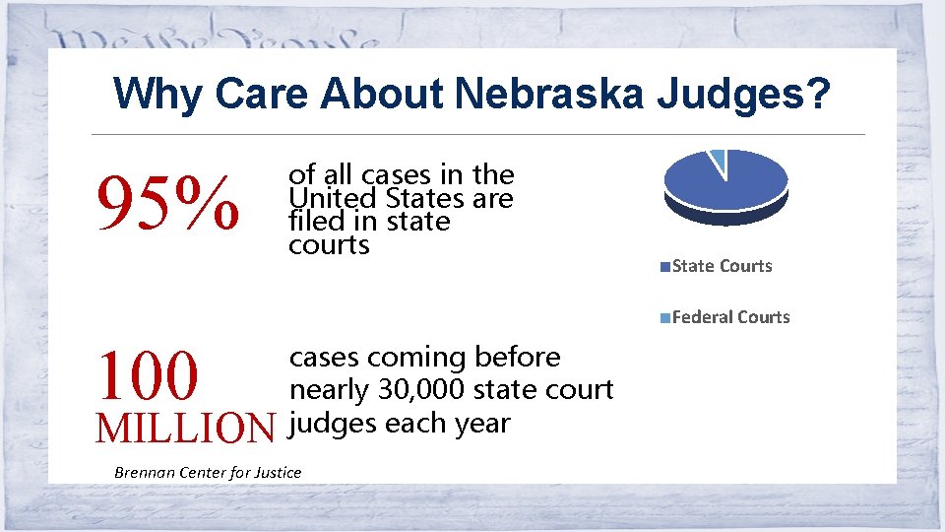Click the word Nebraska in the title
(x=547, y=95)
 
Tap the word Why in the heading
(x=157, y=95)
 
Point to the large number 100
(x=148, y=375)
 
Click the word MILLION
(x=185, y=428)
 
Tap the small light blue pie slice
(x=719, y=158)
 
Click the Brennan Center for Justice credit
(x=208, y=472)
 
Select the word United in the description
(x=325, y=198)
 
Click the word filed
(x=311, y=222)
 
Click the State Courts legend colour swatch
(x=666, y=266)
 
